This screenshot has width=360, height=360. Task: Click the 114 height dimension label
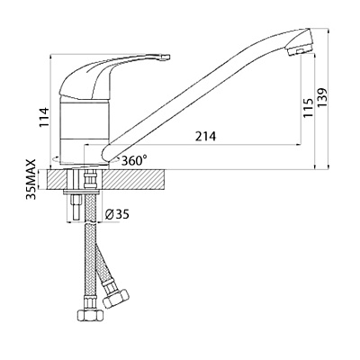point(44,117)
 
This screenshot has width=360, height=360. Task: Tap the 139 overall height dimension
point(322,98)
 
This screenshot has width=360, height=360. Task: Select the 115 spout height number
point(308,108)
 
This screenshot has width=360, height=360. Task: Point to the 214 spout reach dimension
point(205,137)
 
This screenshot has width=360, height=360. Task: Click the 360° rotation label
point(134,160)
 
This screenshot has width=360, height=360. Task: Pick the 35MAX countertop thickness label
point(31,179)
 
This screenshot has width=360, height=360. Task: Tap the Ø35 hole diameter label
point(117,214)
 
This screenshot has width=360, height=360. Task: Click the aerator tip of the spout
point(301,42)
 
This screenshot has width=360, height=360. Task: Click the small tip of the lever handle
point(166,57)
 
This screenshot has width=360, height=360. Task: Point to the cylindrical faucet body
point(84,130)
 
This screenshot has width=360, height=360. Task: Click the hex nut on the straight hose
point(90,315)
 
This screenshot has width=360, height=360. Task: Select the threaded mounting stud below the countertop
point(76,207)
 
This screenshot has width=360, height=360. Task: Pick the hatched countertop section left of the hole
point(58,179)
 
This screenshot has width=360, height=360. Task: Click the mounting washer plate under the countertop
point(82,192)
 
